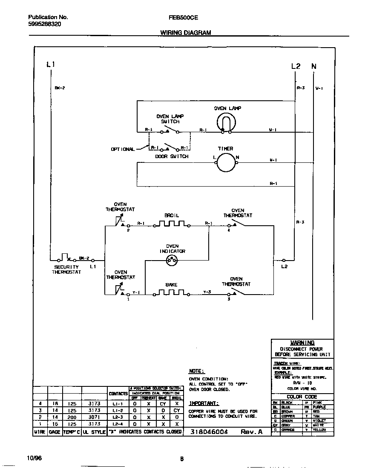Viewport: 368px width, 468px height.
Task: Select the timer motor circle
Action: coord(225,163)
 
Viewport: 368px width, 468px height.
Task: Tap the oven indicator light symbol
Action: coord(172,261)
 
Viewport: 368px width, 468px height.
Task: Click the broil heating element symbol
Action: coord(171,224)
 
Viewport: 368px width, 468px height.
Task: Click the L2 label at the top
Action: coord(296,66)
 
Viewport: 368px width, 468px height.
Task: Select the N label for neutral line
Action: coord(314,66)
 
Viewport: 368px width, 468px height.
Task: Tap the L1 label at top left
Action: coord(51,65)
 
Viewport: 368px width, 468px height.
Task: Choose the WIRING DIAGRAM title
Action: coord(185,32)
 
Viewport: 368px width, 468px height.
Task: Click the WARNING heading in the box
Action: coord(302,343)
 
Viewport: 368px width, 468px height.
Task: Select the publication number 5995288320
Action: coord(44,24)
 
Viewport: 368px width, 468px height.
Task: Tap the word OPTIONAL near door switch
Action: coord(123,149)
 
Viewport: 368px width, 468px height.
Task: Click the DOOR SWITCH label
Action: coord(172,156)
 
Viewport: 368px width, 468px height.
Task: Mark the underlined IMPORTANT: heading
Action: coord(204,403)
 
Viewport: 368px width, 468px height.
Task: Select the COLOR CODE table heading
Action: coord(302,397)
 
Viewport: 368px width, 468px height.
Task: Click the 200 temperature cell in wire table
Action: coord(72,417)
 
